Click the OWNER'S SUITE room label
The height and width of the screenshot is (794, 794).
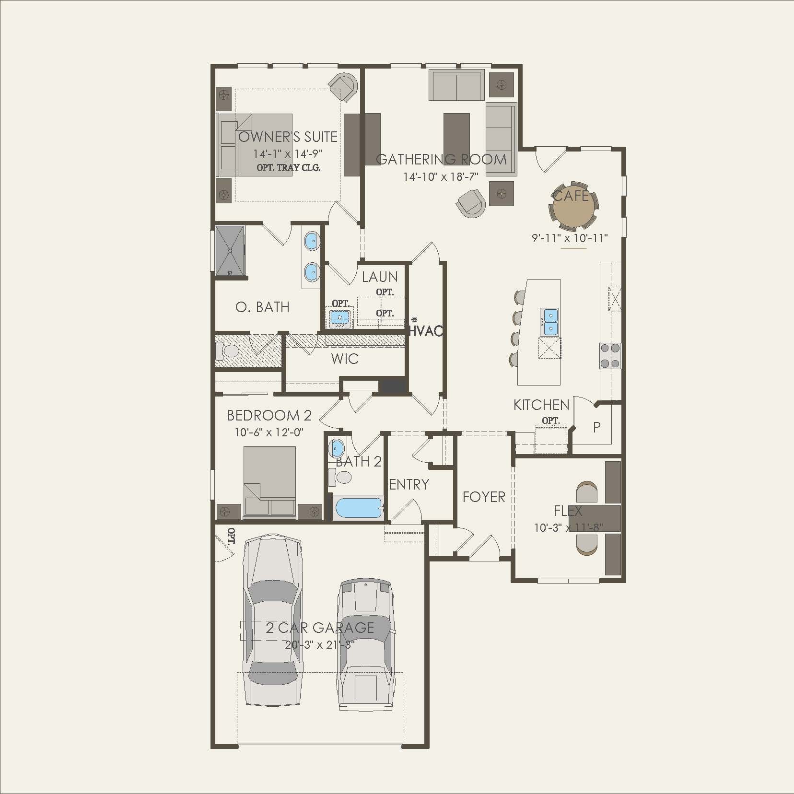pos(288,137)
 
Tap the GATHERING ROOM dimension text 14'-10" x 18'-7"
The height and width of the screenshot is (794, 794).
pos(441,177)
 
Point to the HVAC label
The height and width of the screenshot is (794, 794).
pos(426,331)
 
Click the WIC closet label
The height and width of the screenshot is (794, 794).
pos(345,359)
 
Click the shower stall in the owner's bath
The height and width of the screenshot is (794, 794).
pos(230,251)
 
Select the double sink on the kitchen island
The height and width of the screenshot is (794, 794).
pos(549,322)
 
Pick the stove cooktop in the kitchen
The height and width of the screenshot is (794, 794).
pos(610,356)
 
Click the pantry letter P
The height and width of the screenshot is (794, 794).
pos(597,427)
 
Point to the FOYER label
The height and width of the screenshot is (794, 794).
pos(484,497)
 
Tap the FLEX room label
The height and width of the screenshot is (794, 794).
pos(568,511)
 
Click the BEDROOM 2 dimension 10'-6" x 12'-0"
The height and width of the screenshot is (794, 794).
pos(269,432)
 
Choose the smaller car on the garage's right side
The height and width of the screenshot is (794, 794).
pos(365,645)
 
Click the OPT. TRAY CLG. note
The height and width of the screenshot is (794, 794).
pos(289,167)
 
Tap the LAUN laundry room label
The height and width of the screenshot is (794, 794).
pos(380,277)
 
